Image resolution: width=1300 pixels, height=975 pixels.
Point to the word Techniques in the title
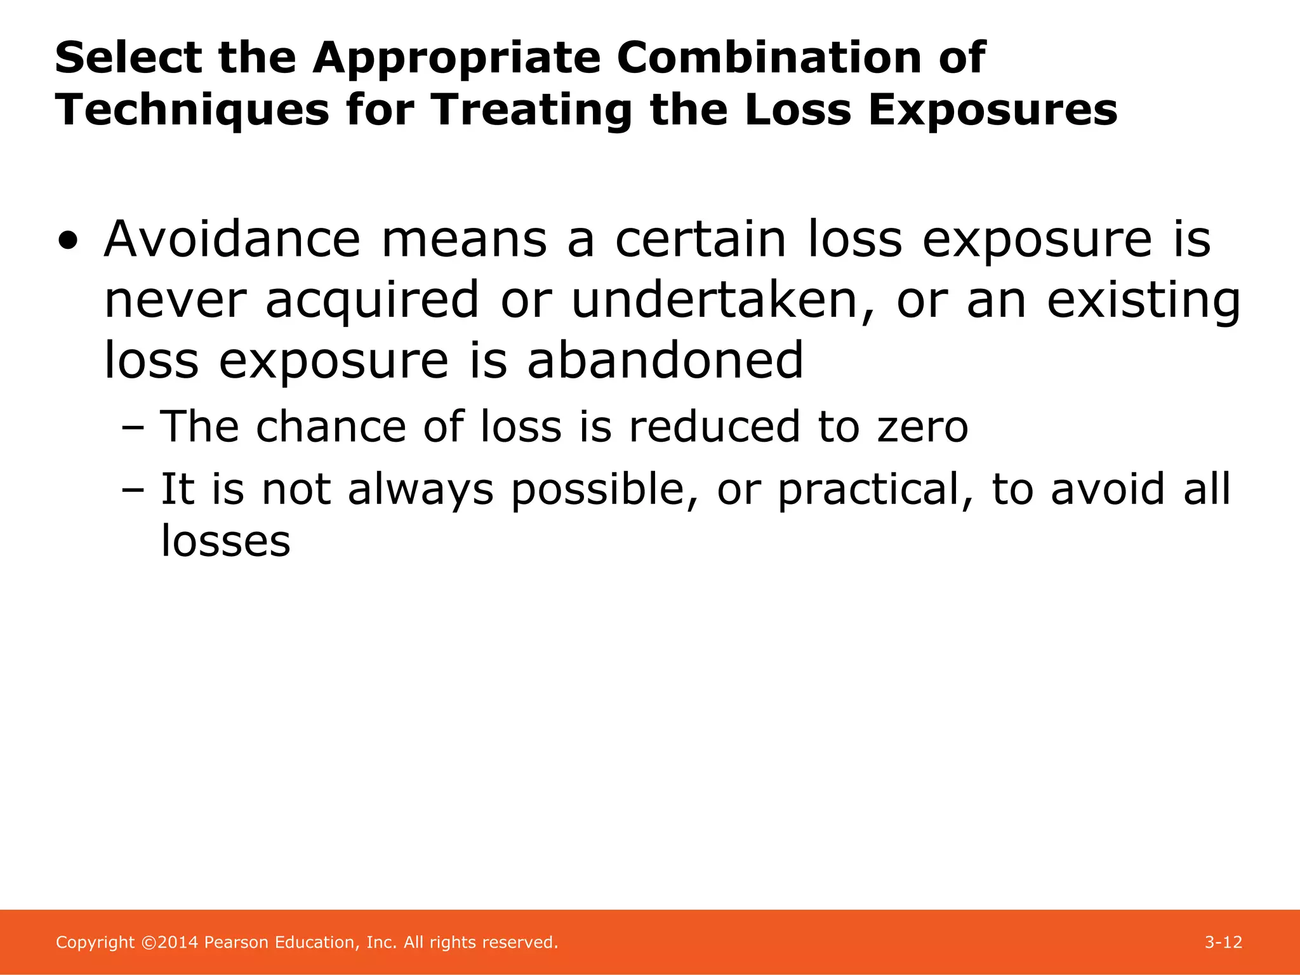(x=192, y=110)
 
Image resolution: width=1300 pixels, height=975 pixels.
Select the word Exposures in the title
(x=992, y=110)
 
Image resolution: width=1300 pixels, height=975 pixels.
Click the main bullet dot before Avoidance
(x=68, y=242)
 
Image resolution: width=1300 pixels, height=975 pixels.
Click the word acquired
(x=372, y=300)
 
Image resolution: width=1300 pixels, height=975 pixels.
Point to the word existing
(x=1143, y=300)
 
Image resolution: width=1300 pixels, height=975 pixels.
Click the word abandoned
(x=665, y=361)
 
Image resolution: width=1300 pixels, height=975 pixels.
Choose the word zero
(x=923, y=427)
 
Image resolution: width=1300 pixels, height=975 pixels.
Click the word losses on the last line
(x=226, y=541)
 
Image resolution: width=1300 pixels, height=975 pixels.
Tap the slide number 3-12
(x=1223, y=942)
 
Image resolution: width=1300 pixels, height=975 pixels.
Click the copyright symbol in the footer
(x=148, y=943)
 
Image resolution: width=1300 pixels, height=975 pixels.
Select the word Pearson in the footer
(x=236, y=942)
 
